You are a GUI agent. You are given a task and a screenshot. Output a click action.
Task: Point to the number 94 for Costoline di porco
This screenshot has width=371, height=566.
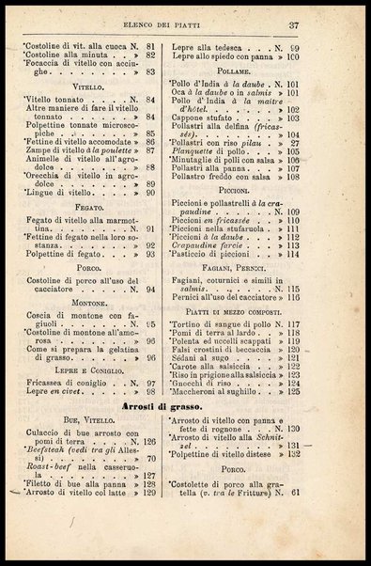tap(150, 290)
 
